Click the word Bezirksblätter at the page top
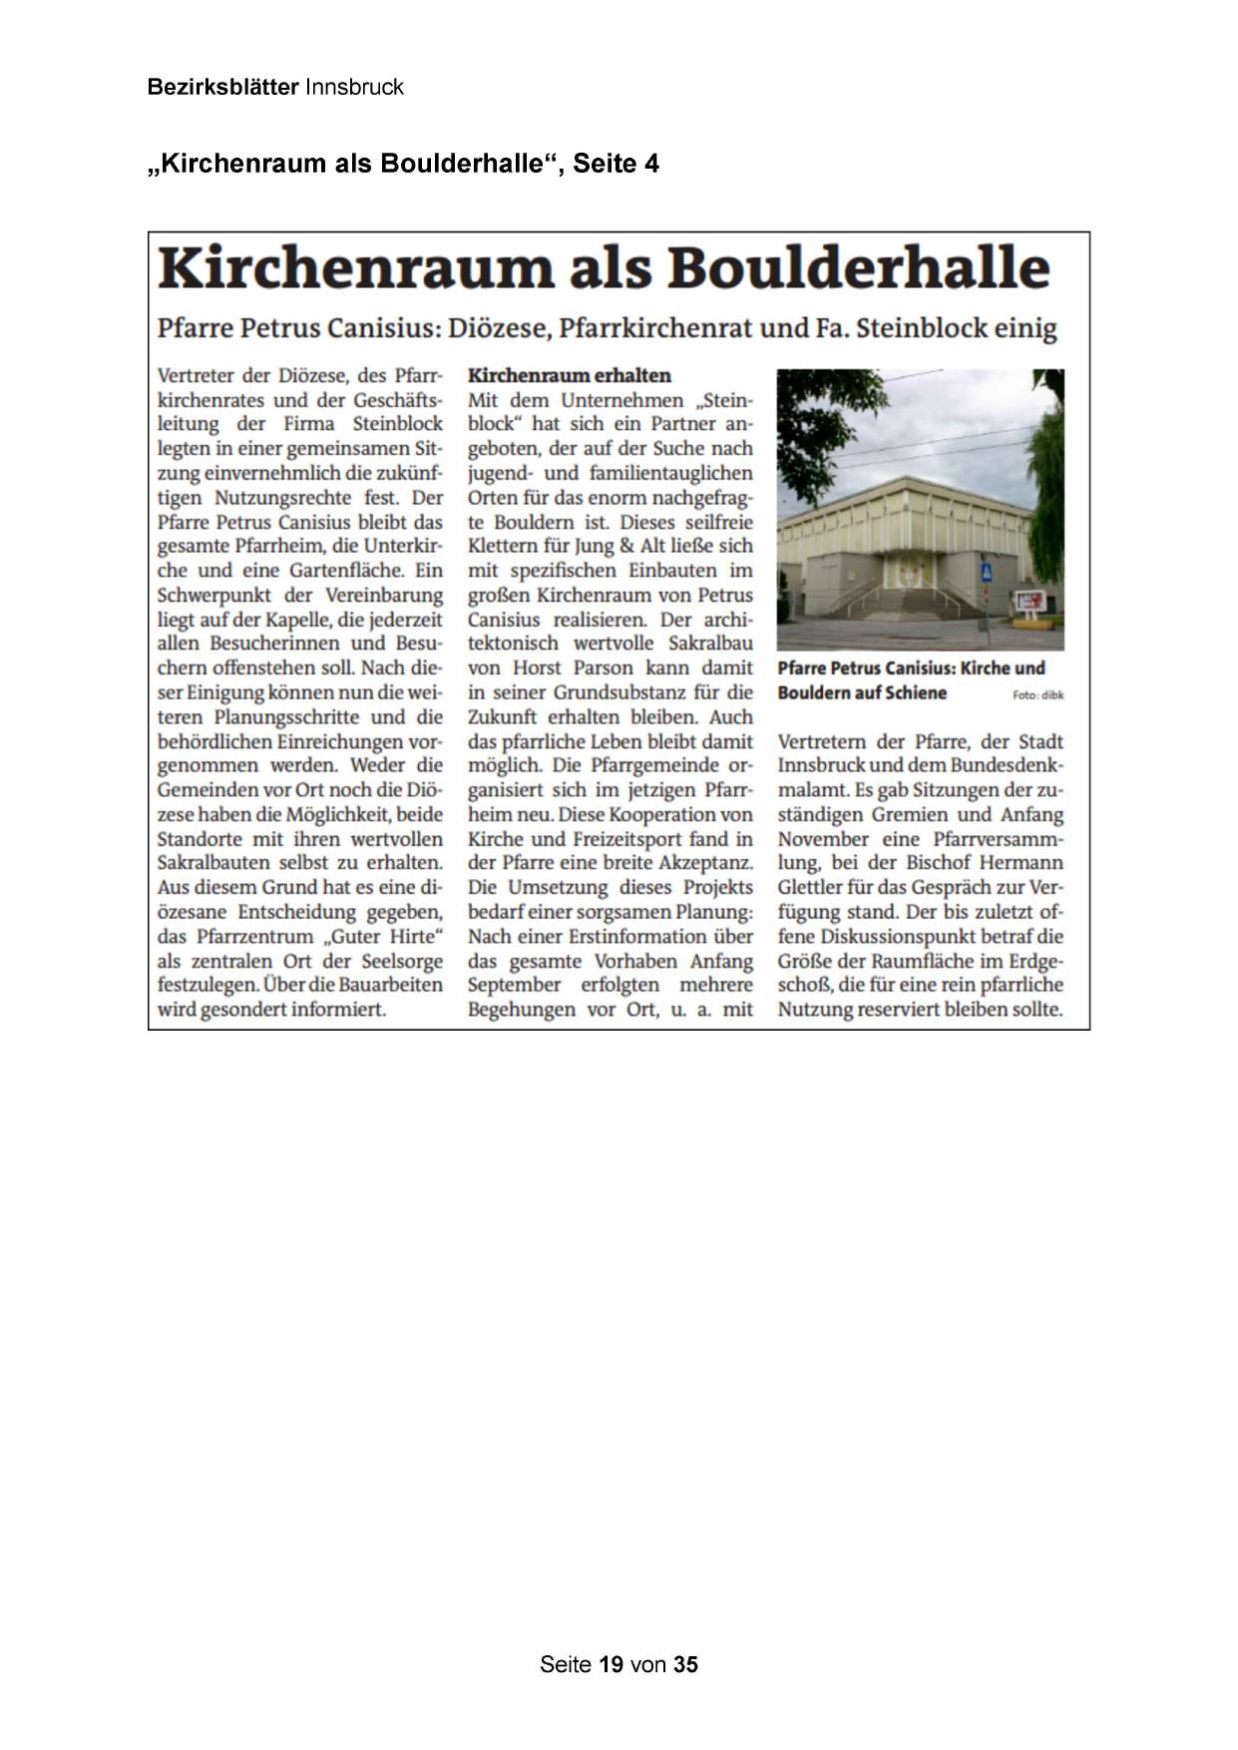222,87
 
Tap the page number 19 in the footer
612,1663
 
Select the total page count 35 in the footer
685,1663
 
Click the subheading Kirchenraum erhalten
569,375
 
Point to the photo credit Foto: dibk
1037,694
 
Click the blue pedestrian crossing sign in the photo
986,574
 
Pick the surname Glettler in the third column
810,887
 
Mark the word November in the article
824,839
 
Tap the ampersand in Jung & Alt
624,546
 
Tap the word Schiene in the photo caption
914,692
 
